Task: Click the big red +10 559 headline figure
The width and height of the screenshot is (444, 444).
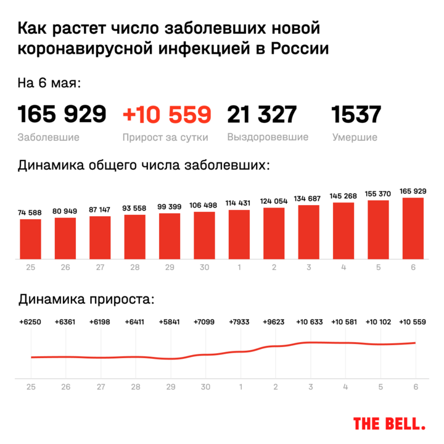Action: click(167, 115)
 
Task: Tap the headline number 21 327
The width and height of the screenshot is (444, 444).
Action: click(261, 115)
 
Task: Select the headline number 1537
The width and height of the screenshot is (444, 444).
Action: click(356, 115)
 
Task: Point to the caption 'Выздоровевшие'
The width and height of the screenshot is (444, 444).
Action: click(268, 137)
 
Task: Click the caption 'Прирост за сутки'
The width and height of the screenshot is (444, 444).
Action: click(165, 137)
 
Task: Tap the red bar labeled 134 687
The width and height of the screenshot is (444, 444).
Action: click(309, 231)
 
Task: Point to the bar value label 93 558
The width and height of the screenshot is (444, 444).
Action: click(134, 208)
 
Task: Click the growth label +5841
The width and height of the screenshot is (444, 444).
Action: click(170, 322)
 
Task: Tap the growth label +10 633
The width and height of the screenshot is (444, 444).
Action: click(309, 322)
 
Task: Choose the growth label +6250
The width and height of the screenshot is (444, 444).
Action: click(30, 322)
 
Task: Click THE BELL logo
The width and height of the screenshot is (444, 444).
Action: click(388, 423)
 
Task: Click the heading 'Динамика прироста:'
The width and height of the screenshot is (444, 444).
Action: click(85, 300)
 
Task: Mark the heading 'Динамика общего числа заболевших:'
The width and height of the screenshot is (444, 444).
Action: click(143, 165)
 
